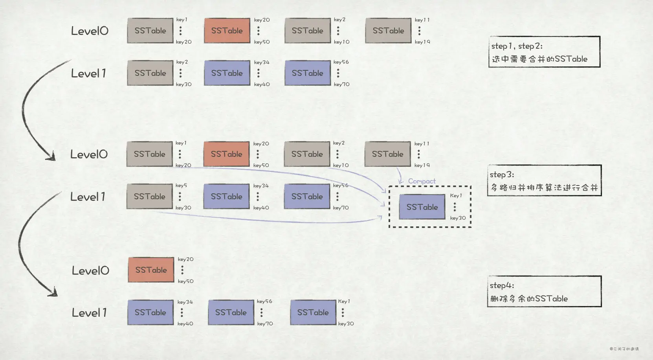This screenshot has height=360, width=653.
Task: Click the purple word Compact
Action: click(422, 181)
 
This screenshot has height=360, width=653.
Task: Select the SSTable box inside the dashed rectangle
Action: click(422, 207)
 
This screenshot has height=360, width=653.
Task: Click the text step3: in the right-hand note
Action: click(502, 174)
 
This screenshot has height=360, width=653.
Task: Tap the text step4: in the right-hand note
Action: click(502, 285)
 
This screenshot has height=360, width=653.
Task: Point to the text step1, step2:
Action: click(517, 46)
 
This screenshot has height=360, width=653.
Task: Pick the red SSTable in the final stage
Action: click(151, 270)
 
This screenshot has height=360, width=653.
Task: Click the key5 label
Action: click(181, 186)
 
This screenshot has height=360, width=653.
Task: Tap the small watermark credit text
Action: click(624, 349)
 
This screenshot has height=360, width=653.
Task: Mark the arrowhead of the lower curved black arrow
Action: click(53, 293)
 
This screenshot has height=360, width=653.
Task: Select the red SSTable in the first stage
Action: click(227, 31)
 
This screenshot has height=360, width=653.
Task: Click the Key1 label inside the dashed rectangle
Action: click(456, 196)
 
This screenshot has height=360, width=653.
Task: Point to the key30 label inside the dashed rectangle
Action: click(458, 218)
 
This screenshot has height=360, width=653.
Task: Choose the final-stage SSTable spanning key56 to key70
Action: click(231, 312)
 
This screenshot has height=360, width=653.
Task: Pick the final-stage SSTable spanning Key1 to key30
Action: click(313, 312)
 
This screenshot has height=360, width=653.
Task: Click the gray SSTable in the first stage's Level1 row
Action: click(150, 73)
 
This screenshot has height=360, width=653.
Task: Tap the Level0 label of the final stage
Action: click(90, 270)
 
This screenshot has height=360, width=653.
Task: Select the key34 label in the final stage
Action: click(185, 302)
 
